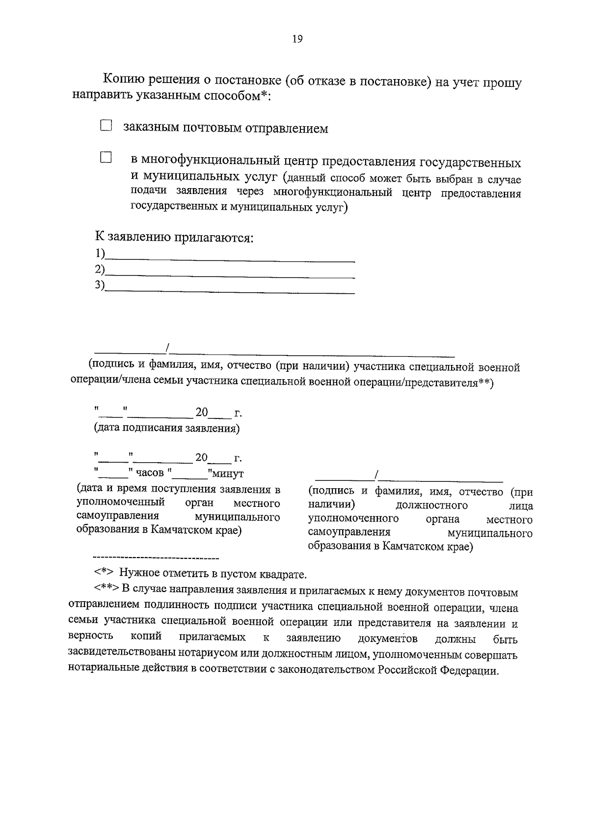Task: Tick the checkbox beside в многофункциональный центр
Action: pos(106,158)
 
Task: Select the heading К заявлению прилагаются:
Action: pos(174,238)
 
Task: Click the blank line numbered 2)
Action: pos(231,276)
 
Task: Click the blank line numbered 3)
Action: pos(231,291)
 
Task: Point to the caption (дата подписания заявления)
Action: pos(167,428)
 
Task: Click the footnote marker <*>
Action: pos(104,574)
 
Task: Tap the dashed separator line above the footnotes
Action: pos(156,558)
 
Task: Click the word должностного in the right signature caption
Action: pos(431,505)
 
